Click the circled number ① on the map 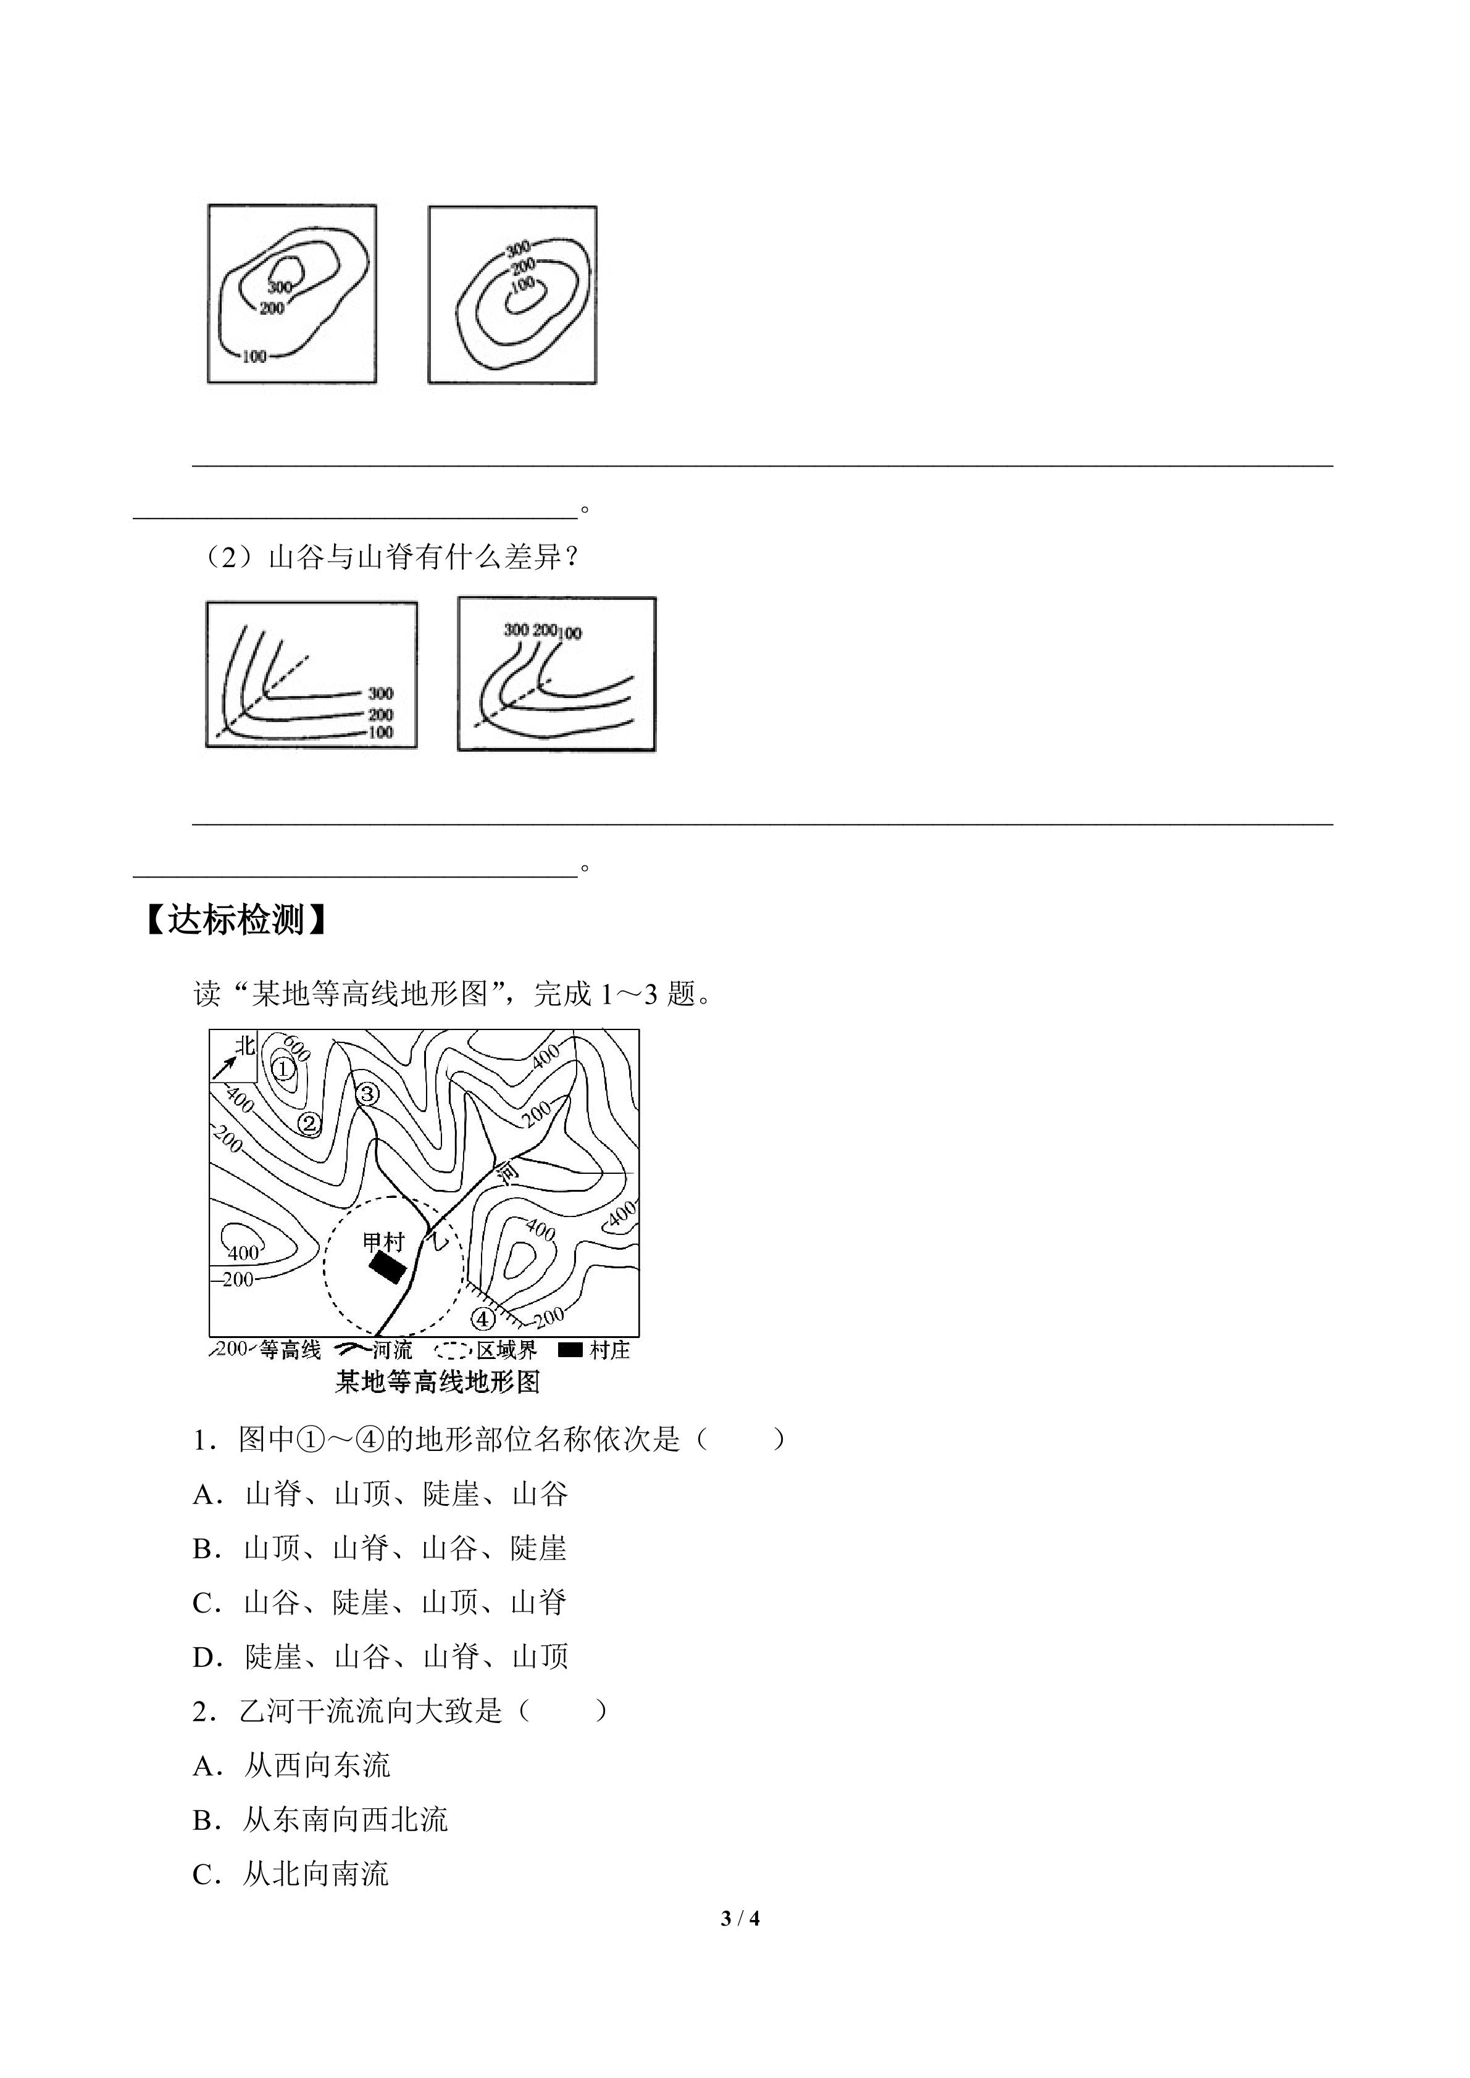pyautogui.click(x=283, y=1069)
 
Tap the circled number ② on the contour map pyautogui.click(x=309, y=1123)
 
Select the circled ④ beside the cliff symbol pyautogui.click(x=483, y=1318)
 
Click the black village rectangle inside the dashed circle pyautogui.click(x=386, y=1266)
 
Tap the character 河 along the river pyautogui.click(x=509, y=1174)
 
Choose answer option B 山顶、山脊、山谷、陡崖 pyautogui.click(x=380, y=1548)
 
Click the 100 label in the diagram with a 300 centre pyautogui.click(x=254, y=357)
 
